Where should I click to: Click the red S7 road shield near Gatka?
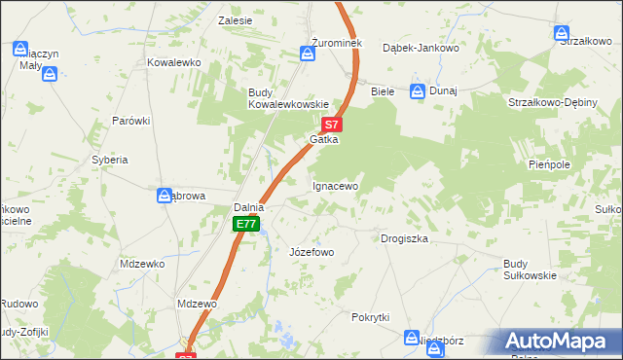tap(332, 125)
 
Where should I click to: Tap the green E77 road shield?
tap(246, 225)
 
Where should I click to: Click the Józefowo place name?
tap(311, 252)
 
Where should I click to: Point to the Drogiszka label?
tap(404, 238)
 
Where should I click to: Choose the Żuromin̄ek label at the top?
tap(310, 44)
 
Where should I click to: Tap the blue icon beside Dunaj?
tap(418, 91)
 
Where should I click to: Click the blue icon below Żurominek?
tap(308, 55)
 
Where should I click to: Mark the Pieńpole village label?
tap(548, 165)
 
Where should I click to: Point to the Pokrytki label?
tap(371, 317)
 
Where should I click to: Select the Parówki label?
tap(130, 121)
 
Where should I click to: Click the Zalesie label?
tap(236, 19)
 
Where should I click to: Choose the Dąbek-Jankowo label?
tap(420, 47)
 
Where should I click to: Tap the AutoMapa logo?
tap(557, 342)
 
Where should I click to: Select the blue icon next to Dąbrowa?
tap(165, 196)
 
